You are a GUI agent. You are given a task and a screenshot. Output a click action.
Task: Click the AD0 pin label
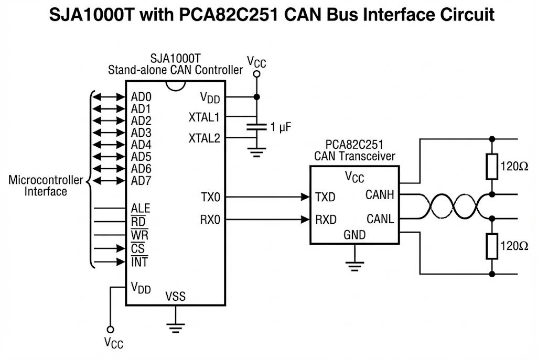click(x=141, y=97)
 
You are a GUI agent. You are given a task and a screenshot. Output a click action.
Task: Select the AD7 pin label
click(x=141, y=181)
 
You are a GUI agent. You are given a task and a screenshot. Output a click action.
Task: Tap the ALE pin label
click(x=141, y=209)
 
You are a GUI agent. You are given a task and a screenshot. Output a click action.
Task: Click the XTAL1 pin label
click(x=205, y=116)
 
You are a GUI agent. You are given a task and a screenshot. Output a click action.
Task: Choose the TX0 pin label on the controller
click(x=211, y=198)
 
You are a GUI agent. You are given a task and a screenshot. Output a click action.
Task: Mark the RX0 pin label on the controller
click(x=211, y=219)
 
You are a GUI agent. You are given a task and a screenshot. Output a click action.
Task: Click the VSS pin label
click(x=175, y=297)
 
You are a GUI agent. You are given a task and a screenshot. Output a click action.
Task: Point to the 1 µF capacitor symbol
click(x=256, y=126)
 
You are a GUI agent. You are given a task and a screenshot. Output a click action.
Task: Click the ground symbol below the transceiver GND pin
click(x=355, y=266)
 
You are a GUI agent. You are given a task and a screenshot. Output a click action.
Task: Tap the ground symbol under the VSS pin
click(x=175, y=327)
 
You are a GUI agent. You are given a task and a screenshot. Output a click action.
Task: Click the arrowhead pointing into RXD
click(x=305, y=219)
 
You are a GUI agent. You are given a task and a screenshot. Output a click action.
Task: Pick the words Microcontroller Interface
click(x=46, y=186)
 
